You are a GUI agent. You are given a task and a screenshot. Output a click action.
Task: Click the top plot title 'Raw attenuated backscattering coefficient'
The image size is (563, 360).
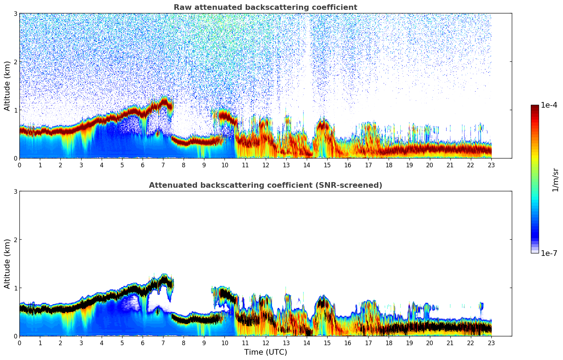[265, 7]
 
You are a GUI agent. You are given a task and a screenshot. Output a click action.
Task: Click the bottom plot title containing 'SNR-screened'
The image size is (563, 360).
[265, 185]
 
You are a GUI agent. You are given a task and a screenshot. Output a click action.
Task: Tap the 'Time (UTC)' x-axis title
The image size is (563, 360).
[265, 352]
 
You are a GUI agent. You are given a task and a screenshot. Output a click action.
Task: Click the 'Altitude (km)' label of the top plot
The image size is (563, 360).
[7, 86]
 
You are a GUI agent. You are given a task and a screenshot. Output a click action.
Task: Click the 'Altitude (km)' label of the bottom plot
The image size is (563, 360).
[7, 264]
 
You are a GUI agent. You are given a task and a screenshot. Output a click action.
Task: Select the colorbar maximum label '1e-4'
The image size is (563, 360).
[549, 105]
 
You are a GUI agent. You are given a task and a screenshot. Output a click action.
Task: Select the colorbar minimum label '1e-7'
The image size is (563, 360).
[549, 253]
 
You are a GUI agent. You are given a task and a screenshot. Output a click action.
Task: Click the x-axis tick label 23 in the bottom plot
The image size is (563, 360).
[491, 343]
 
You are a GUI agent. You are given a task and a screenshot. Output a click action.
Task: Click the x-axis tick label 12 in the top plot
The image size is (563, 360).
[265, 165]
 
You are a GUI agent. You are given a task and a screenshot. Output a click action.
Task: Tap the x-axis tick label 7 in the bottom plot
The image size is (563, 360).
[163, 343]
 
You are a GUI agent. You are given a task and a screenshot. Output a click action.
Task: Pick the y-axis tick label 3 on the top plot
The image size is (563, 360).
[15, 13]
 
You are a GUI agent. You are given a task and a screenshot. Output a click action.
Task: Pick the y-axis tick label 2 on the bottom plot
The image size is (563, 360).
[15, 240]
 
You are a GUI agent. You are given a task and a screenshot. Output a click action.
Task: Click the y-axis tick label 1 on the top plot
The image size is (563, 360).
[15, 110]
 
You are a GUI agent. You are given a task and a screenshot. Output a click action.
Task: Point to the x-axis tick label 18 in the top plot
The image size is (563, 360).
[389, 165]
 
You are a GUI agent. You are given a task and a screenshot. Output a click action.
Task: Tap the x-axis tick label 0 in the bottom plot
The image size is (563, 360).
[19, 343]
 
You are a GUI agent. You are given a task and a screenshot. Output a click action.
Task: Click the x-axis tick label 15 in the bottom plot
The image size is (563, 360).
[327, 343]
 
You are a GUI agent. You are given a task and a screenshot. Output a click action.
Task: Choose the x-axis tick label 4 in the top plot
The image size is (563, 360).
[102, 165]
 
